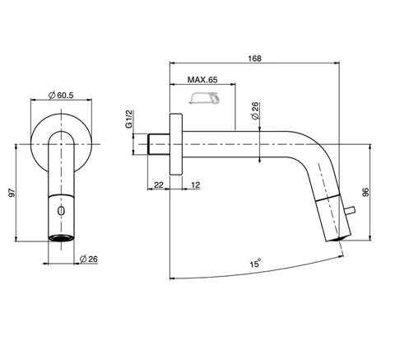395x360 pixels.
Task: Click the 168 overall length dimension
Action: (254, 58)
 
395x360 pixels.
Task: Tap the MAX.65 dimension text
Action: (202, 80)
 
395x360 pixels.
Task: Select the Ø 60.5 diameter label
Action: (61, 96)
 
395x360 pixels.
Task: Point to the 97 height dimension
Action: (12, 193)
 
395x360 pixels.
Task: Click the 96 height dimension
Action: (365, 192)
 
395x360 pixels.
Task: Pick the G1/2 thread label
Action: (128, 119)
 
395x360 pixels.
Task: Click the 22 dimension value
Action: (159, 185)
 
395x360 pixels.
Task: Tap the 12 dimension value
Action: (196, 185)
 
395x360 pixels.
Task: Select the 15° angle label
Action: (254, 264)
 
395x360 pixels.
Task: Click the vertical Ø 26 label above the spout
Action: (255, 111)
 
